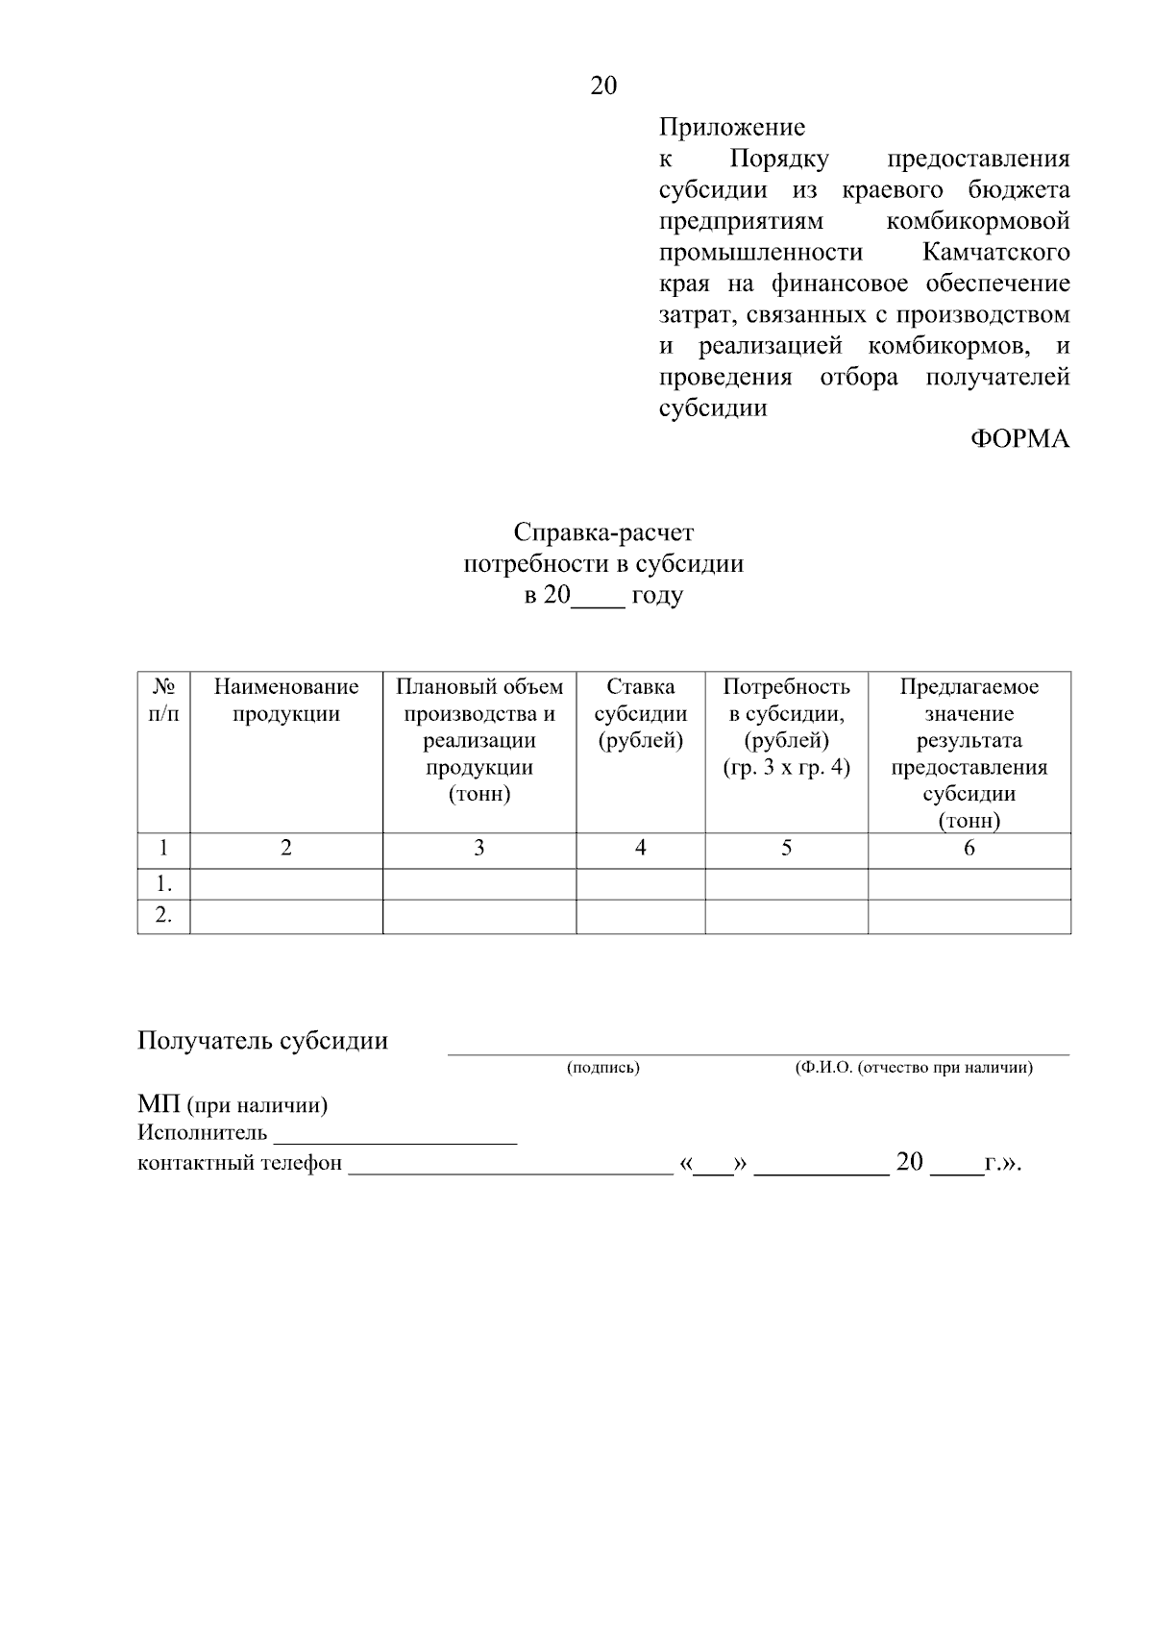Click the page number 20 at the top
pyautogui.click(x=603, y=86)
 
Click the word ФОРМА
pyautogui.click(x=1019, y=439)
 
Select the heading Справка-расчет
pyautogui.click(x=603, y=532)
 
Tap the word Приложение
pyautogui.click(x=731, y=127)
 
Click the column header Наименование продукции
pyautogui.click(x=286, y=701)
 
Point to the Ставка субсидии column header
pyautogui.click(x=641, y=714)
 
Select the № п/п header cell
pyautogui.click(x=163, y=701)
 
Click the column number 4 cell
pyautogui.click(x=641, y=848)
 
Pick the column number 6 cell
pyautogui.click(x=969, y=848)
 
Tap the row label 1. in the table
pyautogui.click(x=164, y=883)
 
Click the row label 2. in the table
pyautogui.click(x=164, y=916)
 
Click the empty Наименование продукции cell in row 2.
pyautogui.click(x=286, y=916)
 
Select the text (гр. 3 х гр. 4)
pyautogui.click(x=786, y=768)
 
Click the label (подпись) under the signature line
pyautogui.click(x=602, y=1068)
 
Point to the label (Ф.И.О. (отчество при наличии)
pyautogui.click(x=913, y=1068)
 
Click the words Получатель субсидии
pyautogui.click(x=262, y=1041)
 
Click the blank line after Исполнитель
pyautogui.click(x=395, y=1136)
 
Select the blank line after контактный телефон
pyautogui.click(x=509, y=1166)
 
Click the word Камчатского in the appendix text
pyautogui.click(x=995, y=253)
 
